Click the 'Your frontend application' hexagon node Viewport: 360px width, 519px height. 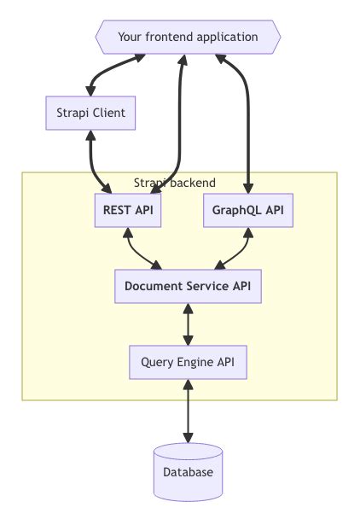point(188,38)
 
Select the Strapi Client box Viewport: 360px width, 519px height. point(90,113)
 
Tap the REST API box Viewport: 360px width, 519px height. point(128,211)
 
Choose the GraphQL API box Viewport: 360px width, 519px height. point(247,211)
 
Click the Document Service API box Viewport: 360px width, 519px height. point(188,286)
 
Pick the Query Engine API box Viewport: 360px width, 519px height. point(188,362)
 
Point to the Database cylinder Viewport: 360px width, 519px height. point(188,472)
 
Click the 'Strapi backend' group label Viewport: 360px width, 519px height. point(175,183)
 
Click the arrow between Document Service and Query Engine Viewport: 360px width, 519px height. point(188,324)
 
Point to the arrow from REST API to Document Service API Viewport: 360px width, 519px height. point(138,251)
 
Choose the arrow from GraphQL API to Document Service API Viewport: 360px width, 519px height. point(237,251)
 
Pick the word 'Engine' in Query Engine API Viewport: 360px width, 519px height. point(195,362)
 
